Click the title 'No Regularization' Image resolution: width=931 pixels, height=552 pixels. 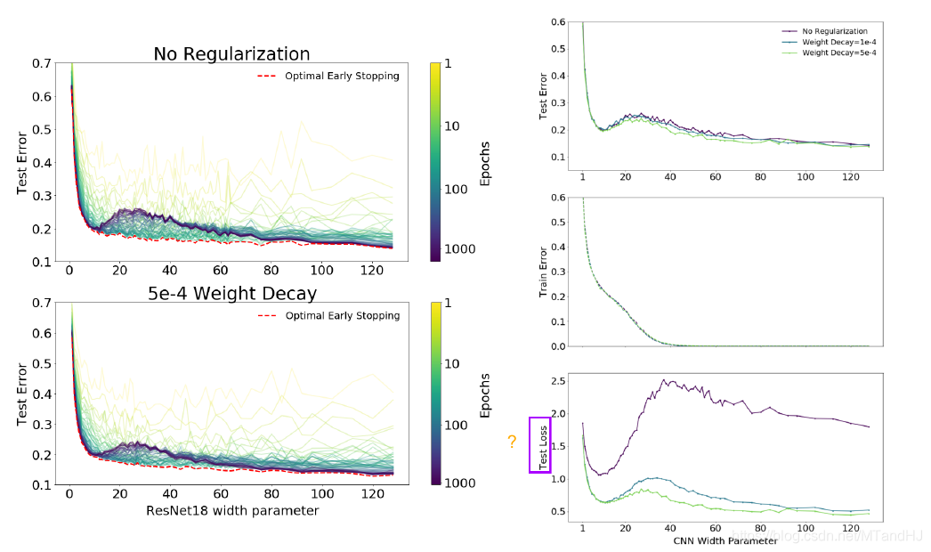point(231,53)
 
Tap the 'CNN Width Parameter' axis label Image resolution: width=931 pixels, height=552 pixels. point(726,540)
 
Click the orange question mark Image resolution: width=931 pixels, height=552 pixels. point(512,442)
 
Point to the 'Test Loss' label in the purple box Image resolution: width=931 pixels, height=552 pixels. point(540,444)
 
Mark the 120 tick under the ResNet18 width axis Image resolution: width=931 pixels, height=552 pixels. point(374,496)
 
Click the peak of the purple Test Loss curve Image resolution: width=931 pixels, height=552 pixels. point(663,380)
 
